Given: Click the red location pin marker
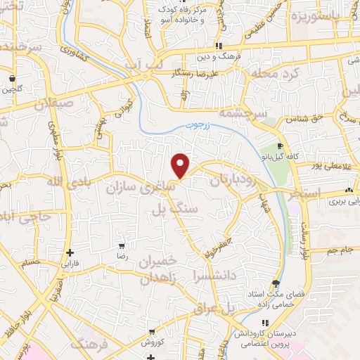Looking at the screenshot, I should pyautogui.click(x=181, y=165).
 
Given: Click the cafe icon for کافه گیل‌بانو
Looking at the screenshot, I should pyautogui.click(x=281, y=146).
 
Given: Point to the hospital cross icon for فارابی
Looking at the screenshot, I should pyautogui.click(x=69, y=252).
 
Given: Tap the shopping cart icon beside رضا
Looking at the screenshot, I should pyautogui.click(x=122, y=246).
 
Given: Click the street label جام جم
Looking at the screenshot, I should pyautogui.click(x=342, y=250).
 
